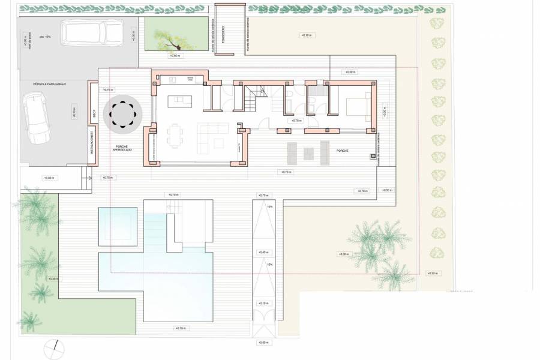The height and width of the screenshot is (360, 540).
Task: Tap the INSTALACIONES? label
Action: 92,143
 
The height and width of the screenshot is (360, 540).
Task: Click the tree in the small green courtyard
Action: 169,40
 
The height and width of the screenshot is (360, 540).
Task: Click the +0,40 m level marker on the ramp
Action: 263,253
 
